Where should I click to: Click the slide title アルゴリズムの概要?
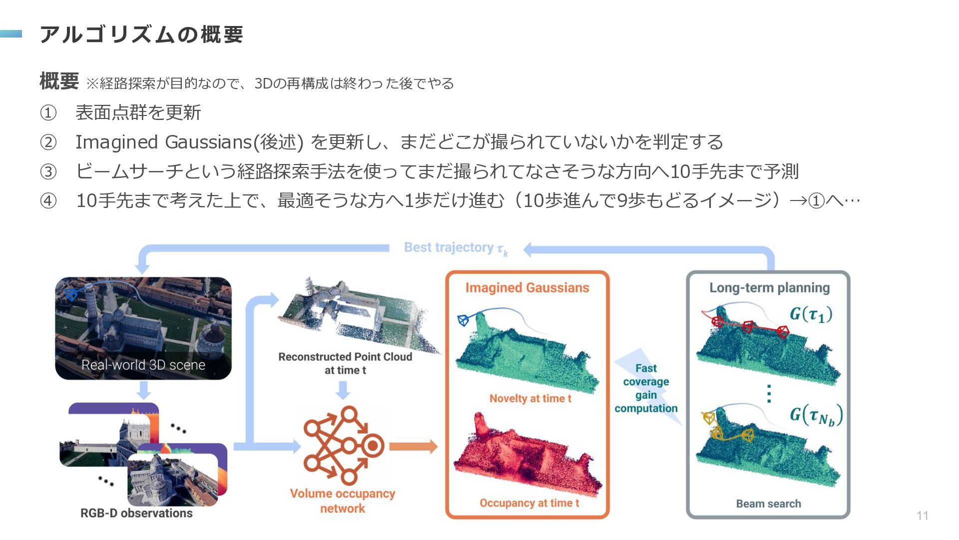[141, 34]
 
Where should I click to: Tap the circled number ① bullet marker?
[48, 113]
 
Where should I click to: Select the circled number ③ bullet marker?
[48, 172]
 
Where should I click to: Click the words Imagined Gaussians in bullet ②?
[163, 142]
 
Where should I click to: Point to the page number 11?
[923, 516]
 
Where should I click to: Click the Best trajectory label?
[456, 248]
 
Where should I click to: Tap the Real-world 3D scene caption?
[143, 365]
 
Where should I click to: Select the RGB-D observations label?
[136, 513]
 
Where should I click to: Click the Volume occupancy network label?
[343, 501]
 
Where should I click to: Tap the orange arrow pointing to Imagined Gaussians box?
[414, 446]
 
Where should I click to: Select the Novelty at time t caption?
[530, 398]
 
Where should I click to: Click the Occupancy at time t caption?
[529, 503]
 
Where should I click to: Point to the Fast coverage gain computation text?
[646, 388]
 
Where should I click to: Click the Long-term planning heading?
[770, 288]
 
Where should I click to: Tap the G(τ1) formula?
[811, 314]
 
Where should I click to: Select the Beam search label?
[769, 503]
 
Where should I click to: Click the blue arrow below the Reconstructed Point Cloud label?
[343, 390]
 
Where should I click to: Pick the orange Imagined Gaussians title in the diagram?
[527, 288]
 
